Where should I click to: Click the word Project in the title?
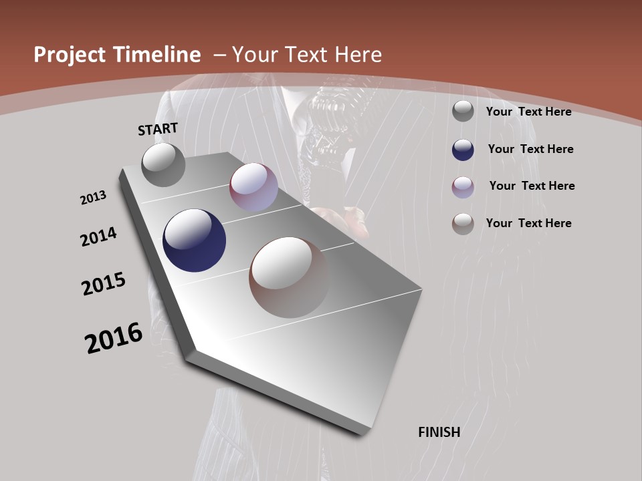click(x=70, y=55)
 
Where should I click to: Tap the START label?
click(x=158, y=129)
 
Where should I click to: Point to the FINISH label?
click(x=439, y=432)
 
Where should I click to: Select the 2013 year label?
click(x=94, y=198)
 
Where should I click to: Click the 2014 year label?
click(x=98, y=236)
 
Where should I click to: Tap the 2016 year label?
click(x=114, y=337)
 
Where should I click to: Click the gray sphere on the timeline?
click(x=164, y=164)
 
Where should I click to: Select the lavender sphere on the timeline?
click(x=253, y=187)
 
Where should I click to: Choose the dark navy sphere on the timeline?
click(x=195, y=240)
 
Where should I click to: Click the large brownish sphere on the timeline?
click(x=289, y=277)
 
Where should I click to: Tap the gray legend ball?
click(x=463, y=112)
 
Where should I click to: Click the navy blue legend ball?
click(x=463, y=150)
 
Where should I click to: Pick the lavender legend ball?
click(x=463, y=187)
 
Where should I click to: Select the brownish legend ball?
click(x=463, y=224)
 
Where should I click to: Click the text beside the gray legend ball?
click(x=528, y=112)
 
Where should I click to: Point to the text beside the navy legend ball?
click(x=530, y=149)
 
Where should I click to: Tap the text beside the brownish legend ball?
click(x=528, y=223)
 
